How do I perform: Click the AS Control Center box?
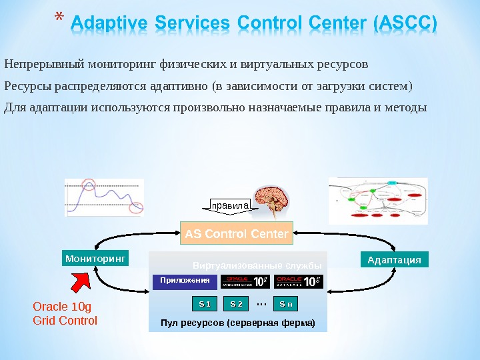[236, 234]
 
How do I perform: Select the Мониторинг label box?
[95, 258]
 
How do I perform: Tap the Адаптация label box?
[394, 259]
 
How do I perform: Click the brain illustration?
[275, 199]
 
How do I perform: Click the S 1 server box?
[205, 304]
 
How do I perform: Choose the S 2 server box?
[236, 304]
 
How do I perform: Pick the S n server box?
[285, 304]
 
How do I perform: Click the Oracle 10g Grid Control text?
[65, 314]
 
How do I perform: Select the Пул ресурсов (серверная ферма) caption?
[237, 324]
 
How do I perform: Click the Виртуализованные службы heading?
[257, 265]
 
